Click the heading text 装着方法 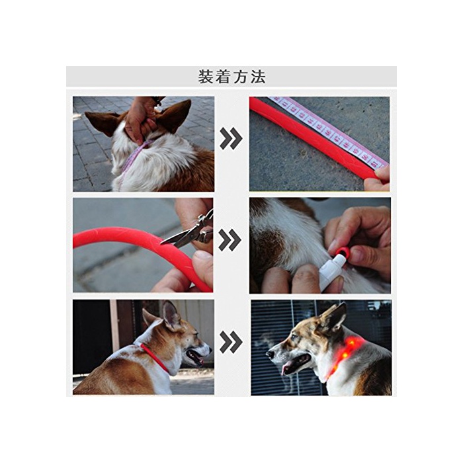(x=232, y=77)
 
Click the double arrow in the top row (x=232, y=138)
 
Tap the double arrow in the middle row (x=230, y=239)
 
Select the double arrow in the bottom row (x=232, y=342)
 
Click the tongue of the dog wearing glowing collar (x=286, y=369)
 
